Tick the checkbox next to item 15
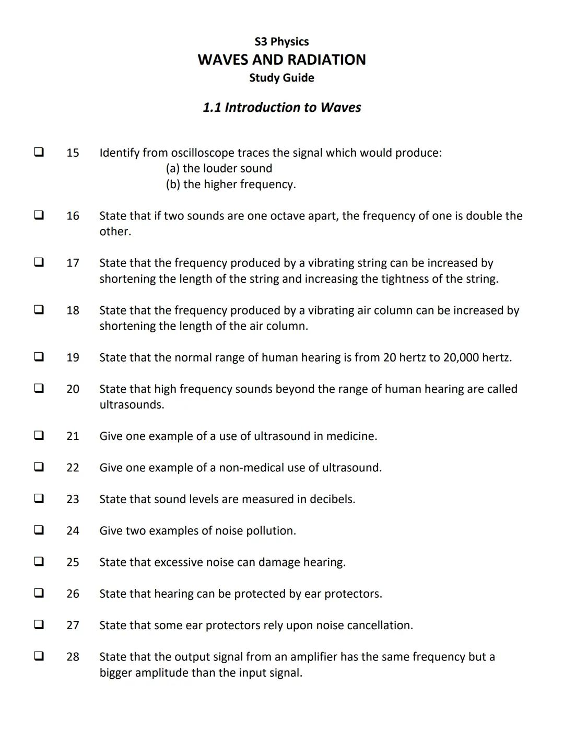click(x=39, y=152)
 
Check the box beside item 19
click(x=39, y=357)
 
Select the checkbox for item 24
click(x=39, y=530)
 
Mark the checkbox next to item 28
click(x=39, y=656)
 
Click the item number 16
click(x=73, y=216)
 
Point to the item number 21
click(x=73, y=436)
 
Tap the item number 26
click(x=73, y=594)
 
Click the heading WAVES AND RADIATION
click(x=281, y=60)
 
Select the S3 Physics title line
click(x=281, y=42)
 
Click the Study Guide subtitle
click(x=281, y=78)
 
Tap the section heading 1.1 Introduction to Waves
click(x=281, y=108)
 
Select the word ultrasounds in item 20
click(x=132, y=405)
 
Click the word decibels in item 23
click(x=332, y=499)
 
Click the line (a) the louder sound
click(x=219, y=168)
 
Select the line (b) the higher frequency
click(x=230, y=184)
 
